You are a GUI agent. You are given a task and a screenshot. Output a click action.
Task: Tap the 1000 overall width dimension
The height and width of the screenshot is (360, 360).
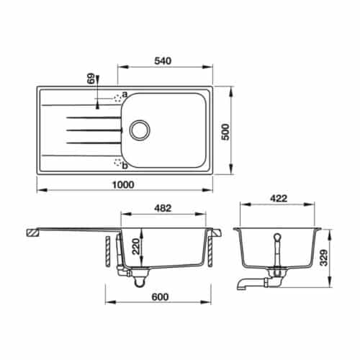pyautogui.click(x=124, y=184)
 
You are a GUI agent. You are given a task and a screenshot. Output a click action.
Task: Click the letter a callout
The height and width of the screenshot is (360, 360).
pyautogui.click(x=124, y=94)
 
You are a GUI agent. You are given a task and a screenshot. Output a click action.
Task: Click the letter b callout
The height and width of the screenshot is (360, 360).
pyautogui.click(x=124, y=166)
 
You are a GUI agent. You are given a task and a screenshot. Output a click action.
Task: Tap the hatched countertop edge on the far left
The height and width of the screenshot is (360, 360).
pyautogui.click(x=32, y=233)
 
